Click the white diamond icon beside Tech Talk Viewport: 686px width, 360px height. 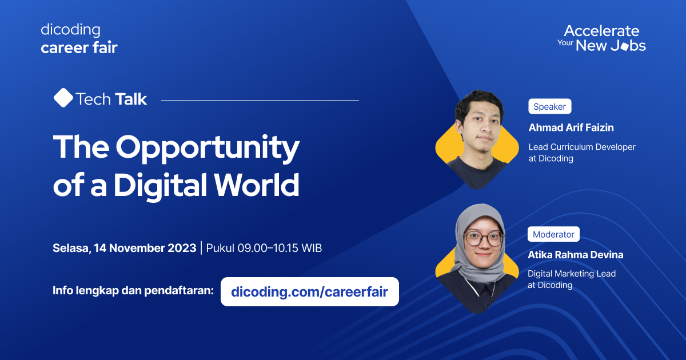click(x=63, y=98)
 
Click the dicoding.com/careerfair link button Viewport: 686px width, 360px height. click(x=309, y=292)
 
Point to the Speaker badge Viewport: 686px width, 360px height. click(x=549, y=106)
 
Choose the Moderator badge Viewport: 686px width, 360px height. click(x=553, y=234)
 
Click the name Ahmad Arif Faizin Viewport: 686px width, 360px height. click(x=571, y=127)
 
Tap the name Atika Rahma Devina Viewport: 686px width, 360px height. click(x=576, y=255)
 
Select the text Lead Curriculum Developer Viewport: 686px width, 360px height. click(x=582, y=147)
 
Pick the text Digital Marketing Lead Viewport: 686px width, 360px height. click(x=572, y=274)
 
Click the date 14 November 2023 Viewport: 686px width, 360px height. click(x=145, y=248)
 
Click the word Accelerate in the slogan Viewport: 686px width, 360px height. click(x=601, y=31)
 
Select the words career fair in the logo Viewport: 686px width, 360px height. click(x=79, y=47)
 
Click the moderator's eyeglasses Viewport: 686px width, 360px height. click(x=483, y=238)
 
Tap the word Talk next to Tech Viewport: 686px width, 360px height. click(x=130, y=99)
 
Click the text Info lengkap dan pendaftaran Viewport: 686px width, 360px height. click(x=133, y=290)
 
